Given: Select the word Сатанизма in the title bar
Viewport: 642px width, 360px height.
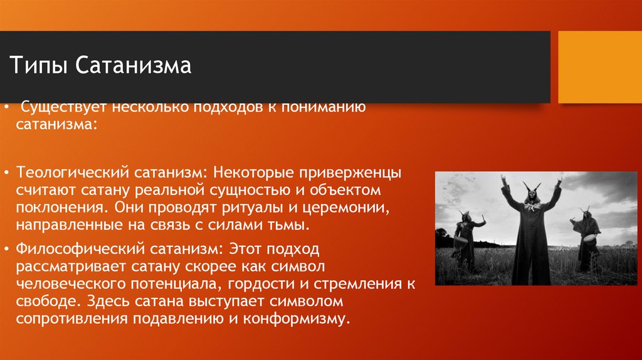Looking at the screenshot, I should tap(135, 66).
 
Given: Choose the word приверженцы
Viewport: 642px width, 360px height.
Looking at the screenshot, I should tap(352, 172).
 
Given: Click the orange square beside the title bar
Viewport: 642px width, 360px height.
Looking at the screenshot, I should tap(600, 67).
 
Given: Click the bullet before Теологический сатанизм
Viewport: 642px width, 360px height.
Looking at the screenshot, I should tap(6, 172).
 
